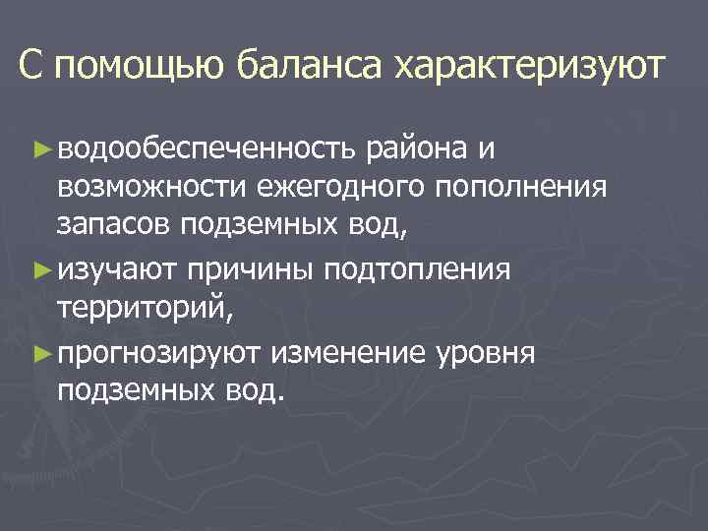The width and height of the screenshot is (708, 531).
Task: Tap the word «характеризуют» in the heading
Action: pos(529,68)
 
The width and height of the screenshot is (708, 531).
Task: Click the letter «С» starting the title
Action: pos(30,68)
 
